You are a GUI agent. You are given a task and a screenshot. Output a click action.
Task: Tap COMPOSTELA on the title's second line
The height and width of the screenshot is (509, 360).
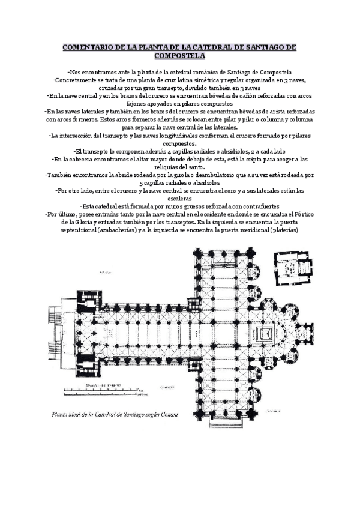[180, 55]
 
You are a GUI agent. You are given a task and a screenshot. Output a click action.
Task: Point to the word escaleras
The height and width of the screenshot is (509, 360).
[180, 198]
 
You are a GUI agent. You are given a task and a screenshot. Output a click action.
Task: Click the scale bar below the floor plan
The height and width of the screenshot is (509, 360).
[103, 391]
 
